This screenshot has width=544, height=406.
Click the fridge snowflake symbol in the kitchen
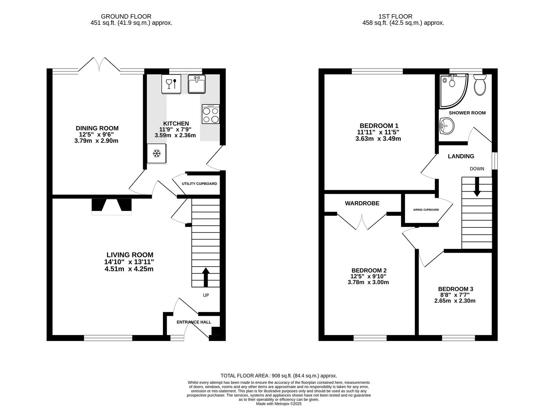click(157, 153)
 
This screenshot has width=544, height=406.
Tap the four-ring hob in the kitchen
click(211, 114)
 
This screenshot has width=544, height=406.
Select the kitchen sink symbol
click(196, 84)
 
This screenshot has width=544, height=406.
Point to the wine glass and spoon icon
click(171, 84)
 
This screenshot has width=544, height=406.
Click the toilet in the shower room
click(480, 85)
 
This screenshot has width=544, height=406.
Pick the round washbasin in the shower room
click(447, 126)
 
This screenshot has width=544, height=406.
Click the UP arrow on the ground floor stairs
click(206, 277)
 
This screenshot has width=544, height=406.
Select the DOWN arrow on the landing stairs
click(476, 187)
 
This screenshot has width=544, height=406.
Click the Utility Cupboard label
click(199, 184)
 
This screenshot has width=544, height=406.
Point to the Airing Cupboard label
click(426, 210)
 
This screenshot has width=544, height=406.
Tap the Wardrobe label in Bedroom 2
click(362, 203)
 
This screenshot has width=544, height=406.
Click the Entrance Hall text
click(194, 322)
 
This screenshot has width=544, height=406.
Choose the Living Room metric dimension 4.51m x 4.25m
click(129, 269)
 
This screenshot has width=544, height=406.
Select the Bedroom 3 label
click(455, 289)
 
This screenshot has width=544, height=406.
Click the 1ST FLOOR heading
click(395, 17)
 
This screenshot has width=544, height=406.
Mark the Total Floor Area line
click(279, 376)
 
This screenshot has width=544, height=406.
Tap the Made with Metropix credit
click(279, 404)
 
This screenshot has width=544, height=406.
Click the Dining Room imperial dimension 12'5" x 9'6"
click(96, 135)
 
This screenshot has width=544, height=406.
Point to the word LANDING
click(461, 156)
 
